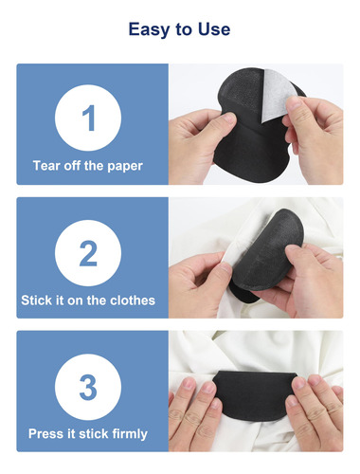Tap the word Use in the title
pyautogui.click(x=214, y=29)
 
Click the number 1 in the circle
pyautogui.click(x=89, y=118)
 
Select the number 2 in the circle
pyautogui.click(x=88, y=253)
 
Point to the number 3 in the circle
pyautogui.click(x=88, y=387)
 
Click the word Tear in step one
pyautogui.click(x=46, y=166)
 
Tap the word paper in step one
pyautogui.click(x=125, y=167)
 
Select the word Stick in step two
pyautogui.click(x=37, y=300)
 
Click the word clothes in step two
pyautogui.click(x=133, y=300)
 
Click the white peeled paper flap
pyautogui.click(x=277, y=96)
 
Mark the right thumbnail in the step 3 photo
pyautogui.click(x=298, y=382)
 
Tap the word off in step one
pyautogui.click(x=72, y=166)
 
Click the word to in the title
pyautogui.click(x=184, y=30)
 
